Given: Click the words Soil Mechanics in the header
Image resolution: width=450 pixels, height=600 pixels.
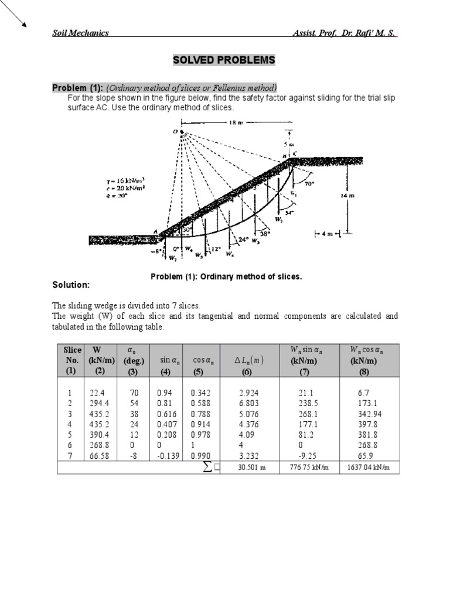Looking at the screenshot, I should [x=80, y=33].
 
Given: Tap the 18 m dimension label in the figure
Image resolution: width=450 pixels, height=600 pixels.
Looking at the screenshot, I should [x=234, y=123].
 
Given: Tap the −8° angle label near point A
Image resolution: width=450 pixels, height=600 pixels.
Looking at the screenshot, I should [x=154, y=253].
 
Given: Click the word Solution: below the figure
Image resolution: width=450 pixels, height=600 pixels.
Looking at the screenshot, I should [x=71, y=285].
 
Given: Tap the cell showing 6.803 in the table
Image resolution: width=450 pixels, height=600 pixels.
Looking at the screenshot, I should [x=248, y=403].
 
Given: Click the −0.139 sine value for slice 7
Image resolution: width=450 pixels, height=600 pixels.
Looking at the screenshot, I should [x=169, y=455].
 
